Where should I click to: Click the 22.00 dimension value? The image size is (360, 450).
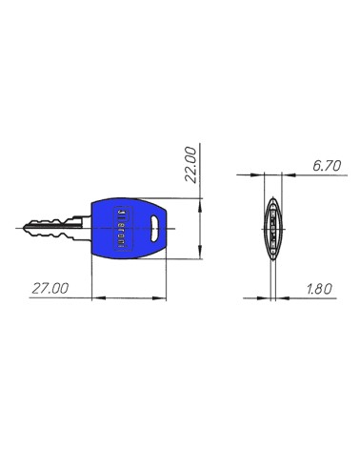click(190, 163)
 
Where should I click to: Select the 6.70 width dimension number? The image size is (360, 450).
click(327, 166)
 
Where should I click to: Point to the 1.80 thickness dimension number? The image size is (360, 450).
click(321, 287)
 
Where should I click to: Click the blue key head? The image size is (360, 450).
click(132, 229)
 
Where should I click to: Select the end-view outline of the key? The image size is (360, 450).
click(272, 229)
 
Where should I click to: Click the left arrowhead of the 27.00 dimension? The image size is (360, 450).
click(94, 297)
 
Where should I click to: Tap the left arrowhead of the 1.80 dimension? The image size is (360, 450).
click(267, 297)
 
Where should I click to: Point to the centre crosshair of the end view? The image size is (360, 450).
click(272, 229)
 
